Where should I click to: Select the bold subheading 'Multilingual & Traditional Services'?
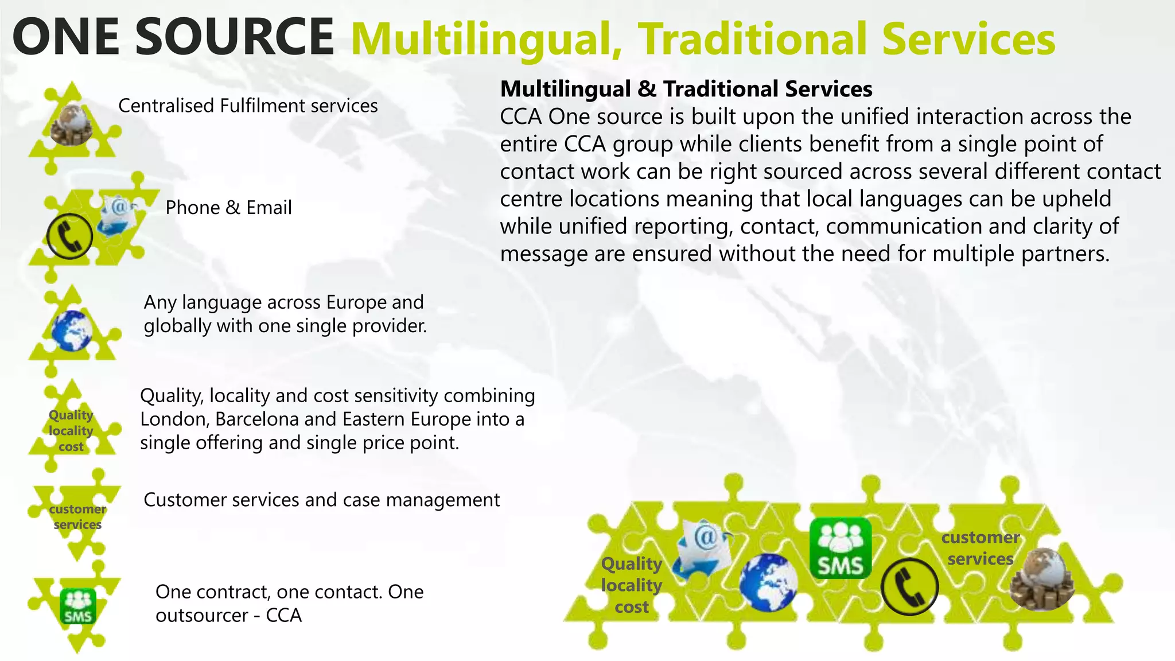point(686,89)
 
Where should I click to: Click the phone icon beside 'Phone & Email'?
point(69,236)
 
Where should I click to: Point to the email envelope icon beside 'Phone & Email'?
point(117,216)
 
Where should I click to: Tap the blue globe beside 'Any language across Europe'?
point(72,330)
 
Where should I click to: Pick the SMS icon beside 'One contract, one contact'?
point(78,606)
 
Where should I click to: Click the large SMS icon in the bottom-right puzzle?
point(841,548)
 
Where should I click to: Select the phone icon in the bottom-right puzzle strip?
point(909,586)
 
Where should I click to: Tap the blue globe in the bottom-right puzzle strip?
point(768,582)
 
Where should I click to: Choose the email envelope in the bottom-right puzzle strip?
point(703,548)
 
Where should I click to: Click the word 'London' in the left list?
point(174,419)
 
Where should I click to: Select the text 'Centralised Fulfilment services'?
point(248,106)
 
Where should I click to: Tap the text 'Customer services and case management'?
point(321,500)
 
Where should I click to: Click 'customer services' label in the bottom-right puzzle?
point(980,548)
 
